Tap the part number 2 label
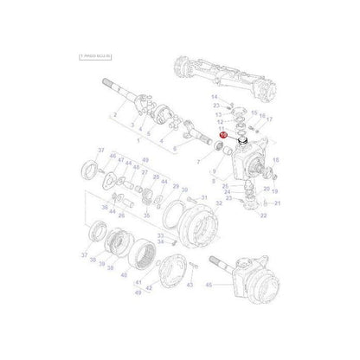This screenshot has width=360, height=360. (113, 114)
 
